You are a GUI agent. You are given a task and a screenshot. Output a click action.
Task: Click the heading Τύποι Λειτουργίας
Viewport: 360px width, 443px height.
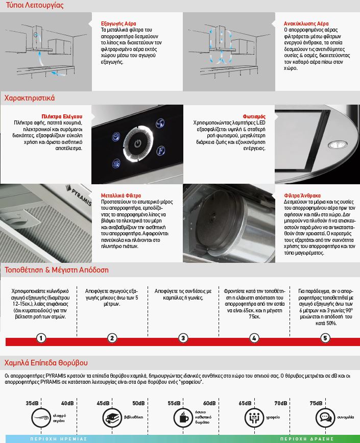point(34,6)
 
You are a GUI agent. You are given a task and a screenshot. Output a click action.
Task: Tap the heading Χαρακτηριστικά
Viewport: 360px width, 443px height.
point(29,97)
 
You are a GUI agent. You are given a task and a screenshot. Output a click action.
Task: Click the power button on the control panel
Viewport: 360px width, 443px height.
point(137,143)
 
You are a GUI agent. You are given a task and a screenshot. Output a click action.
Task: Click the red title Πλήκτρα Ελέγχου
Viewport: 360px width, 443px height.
point(62,116)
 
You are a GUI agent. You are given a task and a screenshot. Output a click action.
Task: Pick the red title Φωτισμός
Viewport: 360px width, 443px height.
point(254,116)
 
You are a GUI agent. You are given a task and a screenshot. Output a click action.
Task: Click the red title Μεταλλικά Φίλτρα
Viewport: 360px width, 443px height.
point(121,195)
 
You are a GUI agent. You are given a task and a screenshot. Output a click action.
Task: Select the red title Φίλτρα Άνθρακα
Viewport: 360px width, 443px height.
point(302,195)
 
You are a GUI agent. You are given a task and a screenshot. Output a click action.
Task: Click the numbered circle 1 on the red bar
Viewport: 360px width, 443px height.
point(41,338)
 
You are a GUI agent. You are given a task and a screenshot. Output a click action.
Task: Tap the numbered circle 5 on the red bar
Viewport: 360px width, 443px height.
point(325,338)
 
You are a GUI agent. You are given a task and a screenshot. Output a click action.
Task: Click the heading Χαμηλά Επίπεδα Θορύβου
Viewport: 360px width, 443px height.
point(46,363)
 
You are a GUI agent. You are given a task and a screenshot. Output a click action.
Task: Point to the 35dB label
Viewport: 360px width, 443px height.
point(32,403)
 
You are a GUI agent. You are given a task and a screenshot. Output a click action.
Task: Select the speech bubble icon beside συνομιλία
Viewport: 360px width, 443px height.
point(324,416)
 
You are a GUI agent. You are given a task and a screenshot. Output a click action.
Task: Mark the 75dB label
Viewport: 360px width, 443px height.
point(316,403)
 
